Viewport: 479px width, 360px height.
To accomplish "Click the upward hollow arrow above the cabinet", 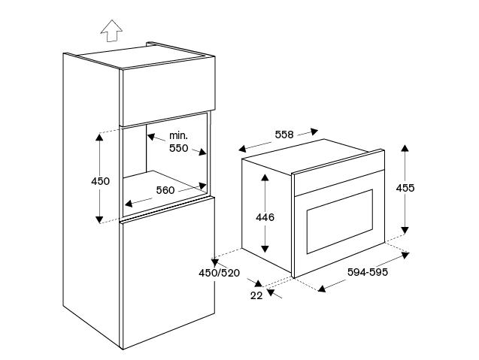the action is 111,31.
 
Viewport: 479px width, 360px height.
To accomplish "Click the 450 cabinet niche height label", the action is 100,181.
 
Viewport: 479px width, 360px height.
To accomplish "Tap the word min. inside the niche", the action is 178,135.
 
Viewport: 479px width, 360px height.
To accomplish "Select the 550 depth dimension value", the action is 178,148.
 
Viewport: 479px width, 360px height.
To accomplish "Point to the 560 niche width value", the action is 165,190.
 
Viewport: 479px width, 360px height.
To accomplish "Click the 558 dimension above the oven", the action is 284,135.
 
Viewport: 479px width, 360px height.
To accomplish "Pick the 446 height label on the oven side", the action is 265,217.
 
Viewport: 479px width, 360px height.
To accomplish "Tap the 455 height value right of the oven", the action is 405,188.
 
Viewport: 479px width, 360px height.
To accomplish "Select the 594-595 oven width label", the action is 368,272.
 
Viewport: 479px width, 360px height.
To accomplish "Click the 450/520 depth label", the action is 220,273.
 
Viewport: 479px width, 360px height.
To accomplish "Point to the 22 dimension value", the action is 256,295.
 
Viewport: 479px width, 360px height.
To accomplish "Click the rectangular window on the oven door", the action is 340,222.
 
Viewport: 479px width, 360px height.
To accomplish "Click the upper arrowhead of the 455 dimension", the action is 405,148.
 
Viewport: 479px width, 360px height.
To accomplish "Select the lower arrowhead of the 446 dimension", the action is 265,249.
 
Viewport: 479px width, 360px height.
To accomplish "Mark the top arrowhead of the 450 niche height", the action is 99,137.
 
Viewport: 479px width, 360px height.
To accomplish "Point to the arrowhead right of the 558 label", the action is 314,132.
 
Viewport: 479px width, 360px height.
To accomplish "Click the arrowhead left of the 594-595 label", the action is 322,289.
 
